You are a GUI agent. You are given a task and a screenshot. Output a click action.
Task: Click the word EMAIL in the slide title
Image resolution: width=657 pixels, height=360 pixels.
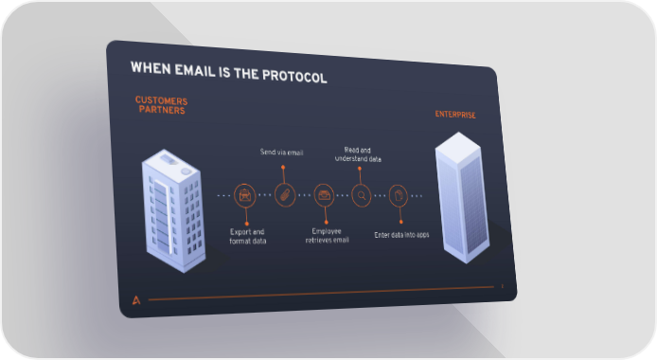pos(195,70)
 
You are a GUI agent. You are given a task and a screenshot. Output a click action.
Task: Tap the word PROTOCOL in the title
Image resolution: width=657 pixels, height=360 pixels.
pos(294,76)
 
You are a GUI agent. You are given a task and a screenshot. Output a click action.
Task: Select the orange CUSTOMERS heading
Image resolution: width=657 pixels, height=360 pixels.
pos(161,100)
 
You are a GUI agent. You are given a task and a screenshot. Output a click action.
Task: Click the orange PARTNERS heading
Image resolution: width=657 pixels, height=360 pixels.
pos(162,110)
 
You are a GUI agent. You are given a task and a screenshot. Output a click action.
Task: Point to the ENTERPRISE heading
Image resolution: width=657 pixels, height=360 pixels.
pos(455,115)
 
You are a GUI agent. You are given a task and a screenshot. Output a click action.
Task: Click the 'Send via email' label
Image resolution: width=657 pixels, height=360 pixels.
pos(281,153)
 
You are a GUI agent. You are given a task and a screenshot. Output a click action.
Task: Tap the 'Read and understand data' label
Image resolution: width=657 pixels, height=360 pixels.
pos(358,154)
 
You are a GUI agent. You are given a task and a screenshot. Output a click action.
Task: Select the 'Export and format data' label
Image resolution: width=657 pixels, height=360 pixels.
pos(248,236)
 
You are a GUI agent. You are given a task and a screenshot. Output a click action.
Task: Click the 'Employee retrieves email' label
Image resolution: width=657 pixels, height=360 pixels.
pos(327,236)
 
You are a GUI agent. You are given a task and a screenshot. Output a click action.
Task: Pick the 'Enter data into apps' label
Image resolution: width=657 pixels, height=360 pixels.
pos(401,235)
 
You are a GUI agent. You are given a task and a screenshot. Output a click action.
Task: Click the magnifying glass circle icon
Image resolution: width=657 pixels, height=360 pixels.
pos(362,195)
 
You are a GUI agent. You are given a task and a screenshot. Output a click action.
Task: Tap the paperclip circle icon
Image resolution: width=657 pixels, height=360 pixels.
pos(285,195)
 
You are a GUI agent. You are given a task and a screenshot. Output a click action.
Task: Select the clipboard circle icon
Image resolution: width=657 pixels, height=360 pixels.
pos(398,195)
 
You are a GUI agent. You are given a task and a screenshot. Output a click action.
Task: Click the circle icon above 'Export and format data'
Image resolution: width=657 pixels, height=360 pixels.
pos(244,196)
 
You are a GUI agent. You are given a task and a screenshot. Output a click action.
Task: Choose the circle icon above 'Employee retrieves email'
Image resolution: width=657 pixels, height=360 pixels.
pos(324,195)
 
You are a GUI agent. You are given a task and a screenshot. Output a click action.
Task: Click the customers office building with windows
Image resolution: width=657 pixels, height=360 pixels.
pos(173,210)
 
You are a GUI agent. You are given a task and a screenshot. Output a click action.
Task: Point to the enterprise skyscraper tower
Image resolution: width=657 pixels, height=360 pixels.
pos(462,197)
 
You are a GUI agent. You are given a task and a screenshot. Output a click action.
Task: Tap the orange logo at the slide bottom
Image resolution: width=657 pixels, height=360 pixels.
pos(136,300)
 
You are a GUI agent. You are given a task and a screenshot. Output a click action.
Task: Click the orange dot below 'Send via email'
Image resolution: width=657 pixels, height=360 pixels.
pos(283,168)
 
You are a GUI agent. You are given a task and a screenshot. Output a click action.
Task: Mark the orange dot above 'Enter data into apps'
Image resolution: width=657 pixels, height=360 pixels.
pos(401,222)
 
